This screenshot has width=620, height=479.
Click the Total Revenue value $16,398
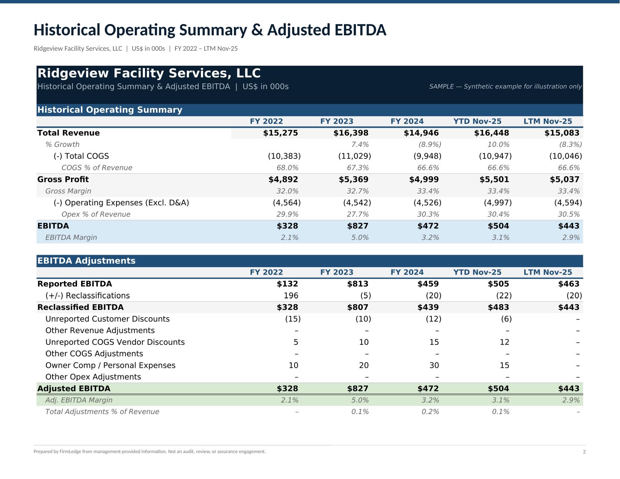coord(351,133)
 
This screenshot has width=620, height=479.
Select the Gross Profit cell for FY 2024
coord(424,180)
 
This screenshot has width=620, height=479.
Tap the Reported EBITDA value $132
coord(287,284)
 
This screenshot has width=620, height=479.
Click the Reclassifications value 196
coord(291,296)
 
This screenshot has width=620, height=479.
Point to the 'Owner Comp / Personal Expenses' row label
coord(110,366)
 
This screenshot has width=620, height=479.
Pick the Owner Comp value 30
coord(434,366)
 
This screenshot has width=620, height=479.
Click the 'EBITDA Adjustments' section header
coord(86,261)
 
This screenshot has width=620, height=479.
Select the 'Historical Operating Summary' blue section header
coord(110,110)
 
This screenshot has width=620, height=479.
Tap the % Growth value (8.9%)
coord(430,145)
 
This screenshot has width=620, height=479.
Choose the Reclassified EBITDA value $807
coord(358,307)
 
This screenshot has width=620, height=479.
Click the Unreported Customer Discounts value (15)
coord(293,319)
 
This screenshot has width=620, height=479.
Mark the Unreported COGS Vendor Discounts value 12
coord(504,342)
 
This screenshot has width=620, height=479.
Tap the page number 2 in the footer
coord(584,452)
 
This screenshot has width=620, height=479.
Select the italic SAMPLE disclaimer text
coord(505,87)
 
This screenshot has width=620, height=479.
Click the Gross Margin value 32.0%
coord(287,191)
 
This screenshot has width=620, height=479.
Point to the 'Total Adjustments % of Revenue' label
coord(102,412)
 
